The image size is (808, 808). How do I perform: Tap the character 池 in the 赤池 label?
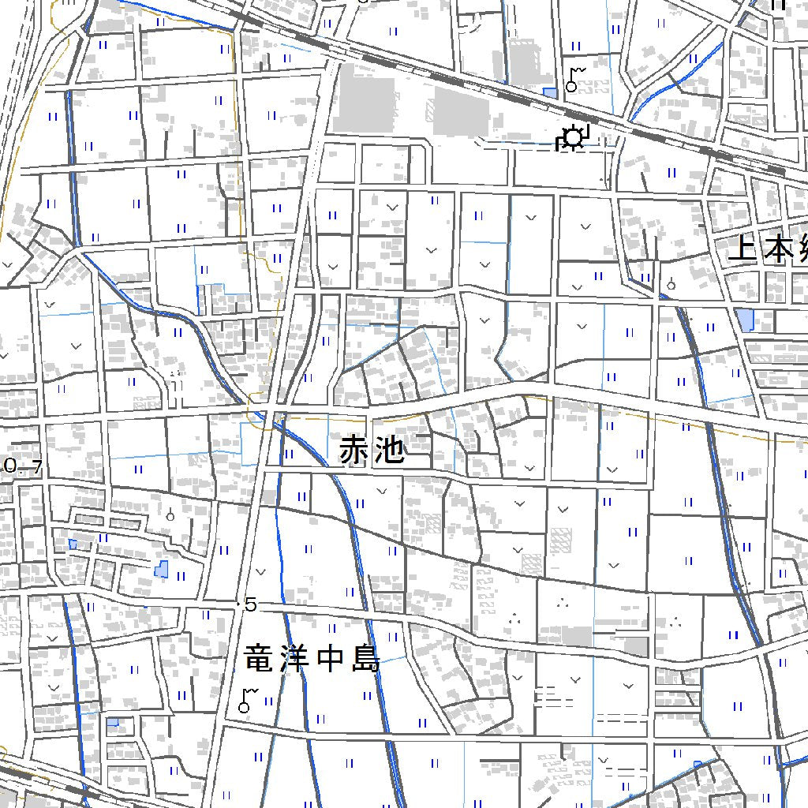[391, 451]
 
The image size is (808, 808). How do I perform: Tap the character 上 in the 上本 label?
[743, 249]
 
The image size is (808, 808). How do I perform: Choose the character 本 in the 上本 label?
[779, 249]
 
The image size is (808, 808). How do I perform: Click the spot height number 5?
[251, 605]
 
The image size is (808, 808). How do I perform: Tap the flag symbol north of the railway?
[574, 79]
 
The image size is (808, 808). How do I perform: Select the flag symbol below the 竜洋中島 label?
[248, 701]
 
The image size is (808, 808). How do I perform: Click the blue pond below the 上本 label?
[744, 320]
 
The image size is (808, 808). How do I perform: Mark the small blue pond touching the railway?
[550, 93]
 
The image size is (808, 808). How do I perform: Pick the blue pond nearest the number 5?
[162, 568]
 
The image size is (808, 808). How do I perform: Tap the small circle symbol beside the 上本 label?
[671, 285]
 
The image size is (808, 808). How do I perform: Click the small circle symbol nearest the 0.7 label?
[170, 517]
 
